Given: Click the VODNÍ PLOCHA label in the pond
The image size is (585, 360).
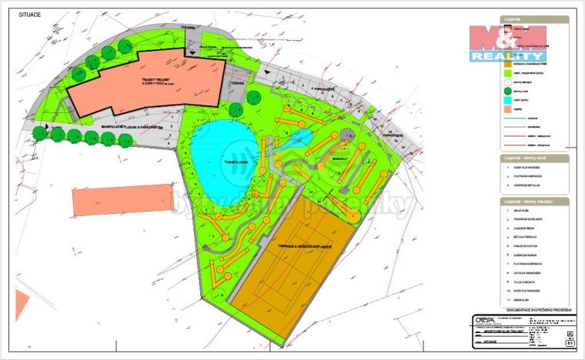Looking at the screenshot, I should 223,161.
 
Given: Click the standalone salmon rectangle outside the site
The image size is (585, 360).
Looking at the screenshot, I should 122,199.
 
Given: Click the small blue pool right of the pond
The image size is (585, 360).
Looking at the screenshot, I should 301,138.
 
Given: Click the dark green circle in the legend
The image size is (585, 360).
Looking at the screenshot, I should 507,91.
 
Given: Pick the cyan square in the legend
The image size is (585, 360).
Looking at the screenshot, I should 507,99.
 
